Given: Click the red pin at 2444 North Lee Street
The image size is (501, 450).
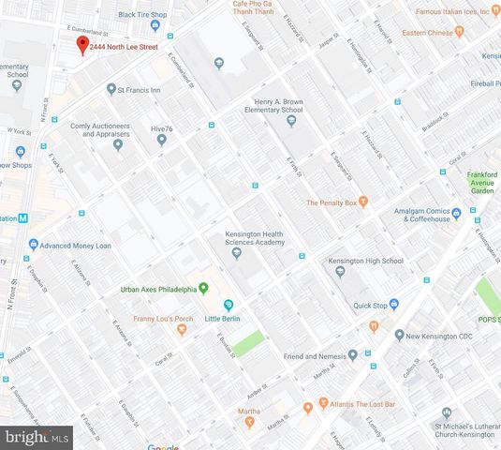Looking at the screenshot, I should [x=81, y=45].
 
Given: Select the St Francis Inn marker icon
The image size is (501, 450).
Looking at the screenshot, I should [x=108, y=91].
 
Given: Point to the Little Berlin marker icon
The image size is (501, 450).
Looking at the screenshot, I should [x=228, y=306].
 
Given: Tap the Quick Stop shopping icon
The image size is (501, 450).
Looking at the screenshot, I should [x=394, y=304].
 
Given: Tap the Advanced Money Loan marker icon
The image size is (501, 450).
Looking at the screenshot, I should [x=34, y=245].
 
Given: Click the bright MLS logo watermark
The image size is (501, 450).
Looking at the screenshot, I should [x=37, y=436].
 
